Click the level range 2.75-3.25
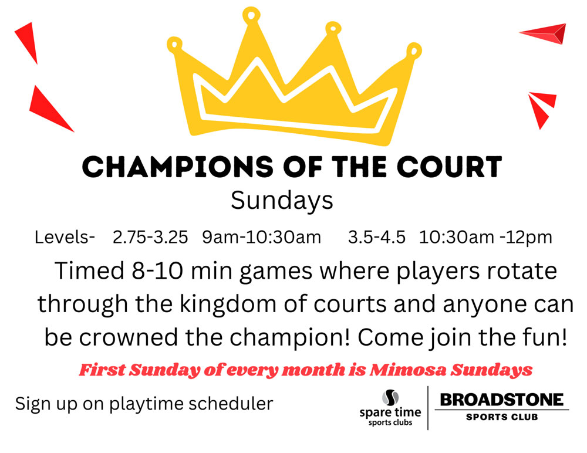[150, 237]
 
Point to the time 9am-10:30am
[261, 237]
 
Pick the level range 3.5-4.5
[377, 237]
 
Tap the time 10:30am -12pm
[485, 238]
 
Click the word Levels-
[65, 237]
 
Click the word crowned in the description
[129, 337]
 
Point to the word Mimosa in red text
[408, 370]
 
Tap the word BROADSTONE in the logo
[502, 400]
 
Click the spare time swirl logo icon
[390, 398]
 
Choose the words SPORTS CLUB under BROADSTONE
[502, 417]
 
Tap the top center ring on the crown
[251, 15]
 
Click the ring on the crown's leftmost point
[174, 45]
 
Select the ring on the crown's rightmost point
[414, 50]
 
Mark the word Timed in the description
[89, 271]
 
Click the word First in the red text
[102, 370]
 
